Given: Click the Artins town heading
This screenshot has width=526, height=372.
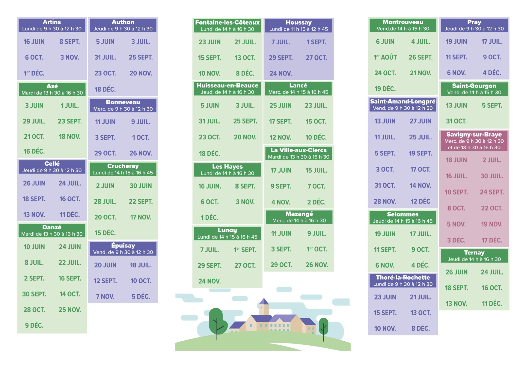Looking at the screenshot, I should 52,22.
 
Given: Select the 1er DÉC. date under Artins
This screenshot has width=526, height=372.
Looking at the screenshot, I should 34,73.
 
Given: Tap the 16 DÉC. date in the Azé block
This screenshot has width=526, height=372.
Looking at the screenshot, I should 34,151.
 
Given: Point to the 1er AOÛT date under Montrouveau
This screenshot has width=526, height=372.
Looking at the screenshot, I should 385,57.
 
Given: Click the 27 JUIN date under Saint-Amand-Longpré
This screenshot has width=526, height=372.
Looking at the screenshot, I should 420,121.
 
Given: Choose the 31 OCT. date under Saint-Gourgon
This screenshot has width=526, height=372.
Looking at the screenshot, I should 456,121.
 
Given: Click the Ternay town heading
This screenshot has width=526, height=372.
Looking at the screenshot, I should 474,252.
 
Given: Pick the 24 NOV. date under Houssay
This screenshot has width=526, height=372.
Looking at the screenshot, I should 281,73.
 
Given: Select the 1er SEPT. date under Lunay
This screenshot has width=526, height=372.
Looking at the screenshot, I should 245,250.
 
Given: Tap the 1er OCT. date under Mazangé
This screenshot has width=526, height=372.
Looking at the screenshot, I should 316,249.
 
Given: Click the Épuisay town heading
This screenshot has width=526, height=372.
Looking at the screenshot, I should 123,246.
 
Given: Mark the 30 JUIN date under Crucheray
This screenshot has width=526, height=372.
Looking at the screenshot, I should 141,186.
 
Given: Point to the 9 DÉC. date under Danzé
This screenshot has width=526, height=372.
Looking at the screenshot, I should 34,325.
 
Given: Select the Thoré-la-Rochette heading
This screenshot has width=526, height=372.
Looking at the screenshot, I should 403,277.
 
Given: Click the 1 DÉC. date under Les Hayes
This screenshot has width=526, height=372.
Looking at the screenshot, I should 210,217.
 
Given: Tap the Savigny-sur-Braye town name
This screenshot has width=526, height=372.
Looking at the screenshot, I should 474,134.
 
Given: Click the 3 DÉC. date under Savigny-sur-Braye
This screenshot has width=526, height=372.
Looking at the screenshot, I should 456,240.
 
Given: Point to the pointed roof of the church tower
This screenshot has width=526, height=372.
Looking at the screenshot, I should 264,301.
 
